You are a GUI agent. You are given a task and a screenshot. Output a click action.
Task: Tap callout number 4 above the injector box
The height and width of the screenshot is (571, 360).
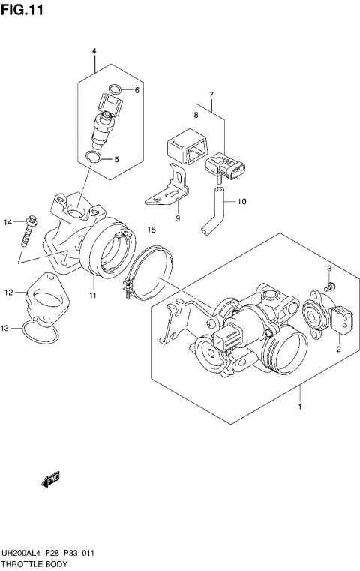pos(94,51)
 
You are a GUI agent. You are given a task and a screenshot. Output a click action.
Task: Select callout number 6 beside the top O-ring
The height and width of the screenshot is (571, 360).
pos(136,90)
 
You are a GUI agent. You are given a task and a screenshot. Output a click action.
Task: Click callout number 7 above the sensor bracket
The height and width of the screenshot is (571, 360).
pos(211,95)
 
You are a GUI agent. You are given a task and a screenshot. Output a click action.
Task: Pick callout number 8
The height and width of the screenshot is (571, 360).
pos(195,116)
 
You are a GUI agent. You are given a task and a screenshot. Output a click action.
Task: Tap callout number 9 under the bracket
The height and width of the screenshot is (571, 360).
pos(178,218)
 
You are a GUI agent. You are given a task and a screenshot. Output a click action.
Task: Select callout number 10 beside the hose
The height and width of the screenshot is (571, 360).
pos(241,201)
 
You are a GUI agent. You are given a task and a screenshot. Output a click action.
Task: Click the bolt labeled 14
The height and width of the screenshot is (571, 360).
pos(27,230)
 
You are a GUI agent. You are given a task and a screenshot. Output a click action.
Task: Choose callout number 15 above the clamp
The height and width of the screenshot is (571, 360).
pos(151,229)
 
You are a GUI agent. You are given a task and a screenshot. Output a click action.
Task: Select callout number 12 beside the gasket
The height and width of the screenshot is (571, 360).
pos(8,292)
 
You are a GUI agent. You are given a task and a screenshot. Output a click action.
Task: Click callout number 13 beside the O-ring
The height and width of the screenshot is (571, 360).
pos(5,328)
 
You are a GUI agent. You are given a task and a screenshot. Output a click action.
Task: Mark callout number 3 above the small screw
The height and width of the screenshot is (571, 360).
pos(328,269)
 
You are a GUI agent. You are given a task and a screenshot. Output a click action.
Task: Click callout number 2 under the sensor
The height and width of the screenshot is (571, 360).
pos(338,350)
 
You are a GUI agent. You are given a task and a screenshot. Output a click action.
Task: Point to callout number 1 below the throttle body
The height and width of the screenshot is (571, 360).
pos(300,407)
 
